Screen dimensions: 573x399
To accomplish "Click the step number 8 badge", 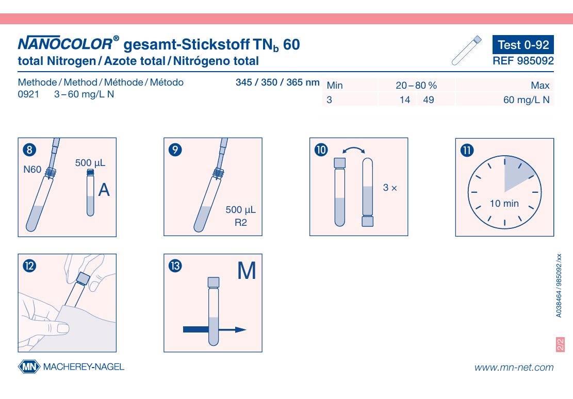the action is [29, 149].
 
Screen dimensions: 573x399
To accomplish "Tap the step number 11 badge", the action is [467, 150].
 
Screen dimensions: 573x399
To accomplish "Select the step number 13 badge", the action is [175, 265].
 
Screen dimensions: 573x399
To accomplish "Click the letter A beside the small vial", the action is [104, 190].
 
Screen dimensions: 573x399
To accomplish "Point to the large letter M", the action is [247, 271].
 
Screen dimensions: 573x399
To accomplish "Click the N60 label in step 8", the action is [32, 170].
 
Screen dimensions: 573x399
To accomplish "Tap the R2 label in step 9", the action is [241, 223].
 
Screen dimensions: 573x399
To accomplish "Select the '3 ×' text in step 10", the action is [390, 188].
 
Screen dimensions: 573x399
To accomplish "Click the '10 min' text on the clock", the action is [504, 204].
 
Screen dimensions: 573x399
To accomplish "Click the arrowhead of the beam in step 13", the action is [241, 329].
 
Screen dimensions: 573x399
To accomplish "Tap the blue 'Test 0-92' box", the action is [523, 44].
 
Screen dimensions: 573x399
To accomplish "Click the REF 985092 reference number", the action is [523, 61].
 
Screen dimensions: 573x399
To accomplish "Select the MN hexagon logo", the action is [29, 367].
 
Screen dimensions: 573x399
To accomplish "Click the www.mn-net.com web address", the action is [514, 367].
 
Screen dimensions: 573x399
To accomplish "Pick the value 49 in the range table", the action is [428, 100].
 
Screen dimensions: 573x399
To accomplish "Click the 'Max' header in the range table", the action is [540, 86].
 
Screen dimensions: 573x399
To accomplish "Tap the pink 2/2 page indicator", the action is [560, 344].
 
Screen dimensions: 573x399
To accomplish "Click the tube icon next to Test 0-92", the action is [466, 51].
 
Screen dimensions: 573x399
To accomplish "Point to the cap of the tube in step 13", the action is [214, 282].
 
